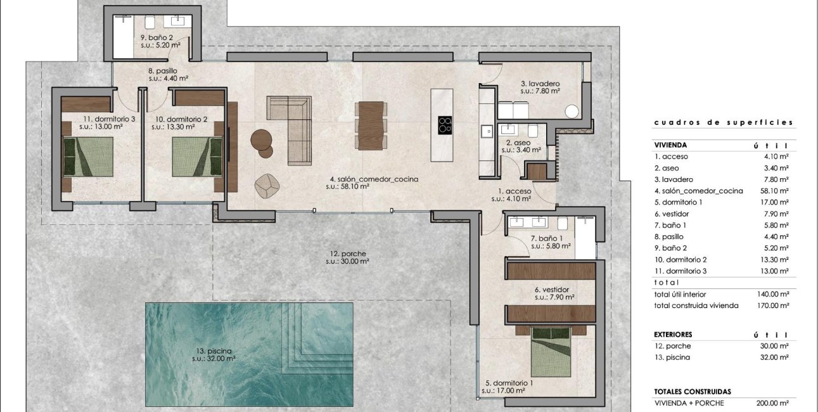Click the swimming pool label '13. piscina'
[214, 351]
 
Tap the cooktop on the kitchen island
[445, 124]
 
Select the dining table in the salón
[371, 124]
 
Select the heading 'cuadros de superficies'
[723, 123]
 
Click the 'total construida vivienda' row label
[696, 306]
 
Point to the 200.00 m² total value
[772, 403]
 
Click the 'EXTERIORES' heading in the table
[673, 334]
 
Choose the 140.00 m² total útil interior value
[772, 294]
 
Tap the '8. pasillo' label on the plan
[163, 72]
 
